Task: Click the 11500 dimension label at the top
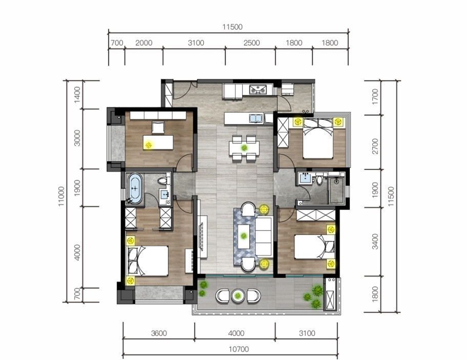tap(232, 27)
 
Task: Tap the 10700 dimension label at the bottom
tap(239, 349)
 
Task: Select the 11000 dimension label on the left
tap(61, 196)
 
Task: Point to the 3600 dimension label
tap(159, 333)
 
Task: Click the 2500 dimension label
tap(251, 43)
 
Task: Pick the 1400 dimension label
tap(77, 95)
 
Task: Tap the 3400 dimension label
tap(375, 242)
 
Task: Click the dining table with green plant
tap(244, 148)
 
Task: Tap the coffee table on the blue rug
tap(244, 237)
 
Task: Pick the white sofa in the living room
tap(264, 237)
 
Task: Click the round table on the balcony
tap(238, 295)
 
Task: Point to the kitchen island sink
tap(256, 118)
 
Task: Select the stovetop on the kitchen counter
tap(258, 89)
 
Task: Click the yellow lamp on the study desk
tap(148, 145)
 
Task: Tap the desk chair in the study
tap(158, 128)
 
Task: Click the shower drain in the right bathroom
tap(336, 180)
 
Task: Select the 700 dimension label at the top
tap(117, 43)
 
